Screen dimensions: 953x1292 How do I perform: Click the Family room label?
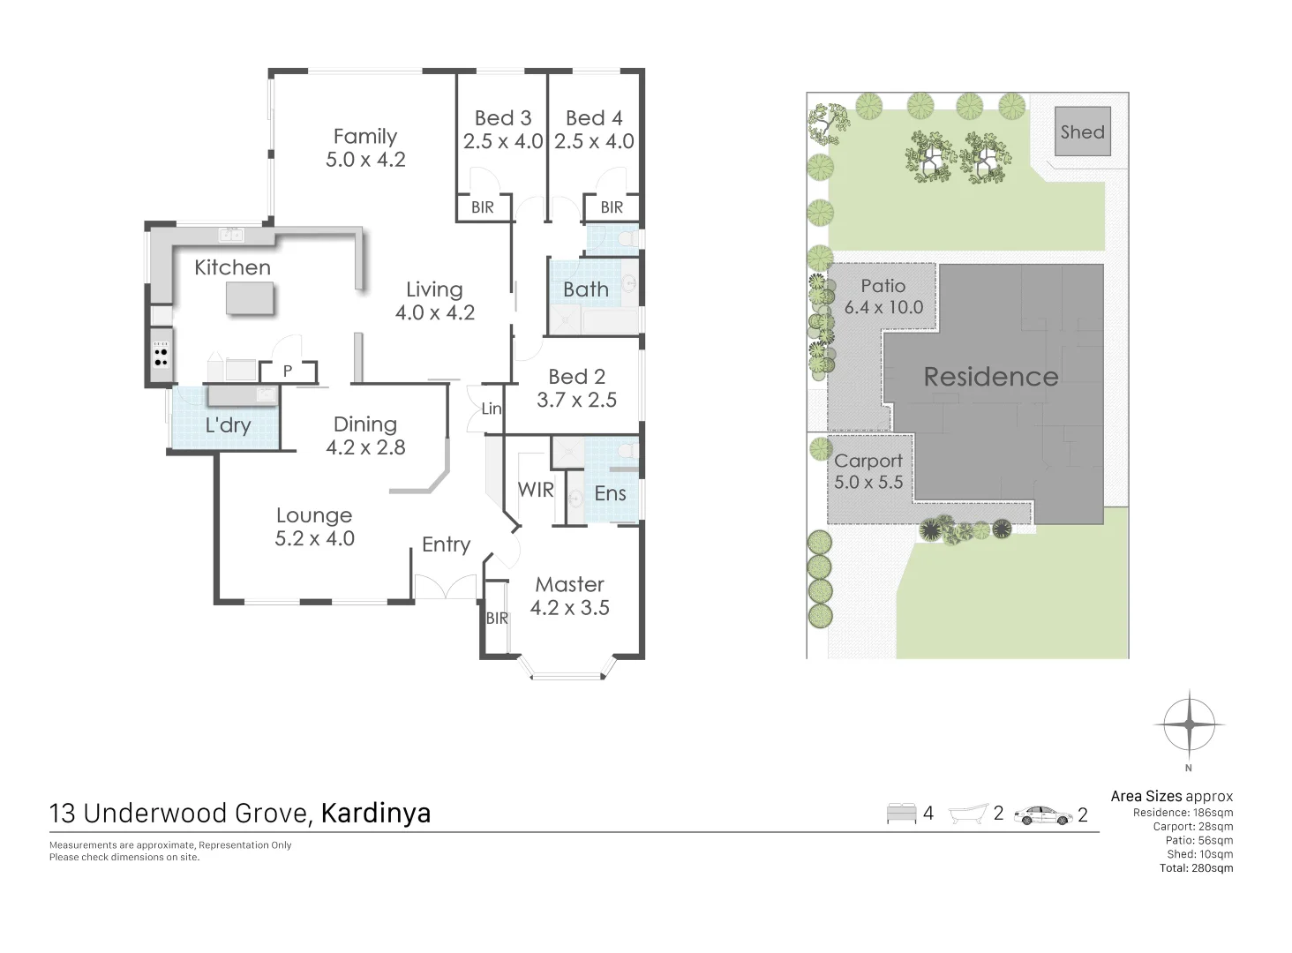[x=364, y=137]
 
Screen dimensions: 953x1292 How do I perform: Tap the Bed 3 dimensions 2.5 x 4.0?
[x=502, y=141]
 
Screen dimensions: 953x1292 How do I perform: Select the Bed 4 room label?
[x=594, y=118]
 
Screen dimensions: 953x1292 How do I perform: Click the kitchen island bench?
[x=251, y=300]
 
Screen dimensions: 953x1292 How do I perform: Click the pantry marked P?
[x=288, y=371]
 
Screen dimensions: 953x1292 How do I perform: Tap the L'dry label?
[x=228, y=425]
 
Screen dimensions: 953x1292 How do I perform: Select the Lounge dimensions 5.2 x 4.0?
[x=314, y=538]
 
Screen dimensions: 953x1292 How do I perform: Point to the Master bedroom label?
[x=569, y=584]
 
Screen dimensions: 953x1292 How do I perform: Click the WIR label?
[x=536, y=490]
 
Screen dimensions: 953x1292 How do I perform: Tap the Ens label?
[x=610, y=493]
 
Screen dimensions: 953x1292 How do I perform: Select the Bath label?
[x=586, y=289]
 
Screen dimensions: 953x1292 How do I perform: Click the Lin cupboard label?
[x=492, y=409]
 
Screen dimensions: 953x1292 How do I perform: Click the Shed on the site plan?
[x=1083, y=132]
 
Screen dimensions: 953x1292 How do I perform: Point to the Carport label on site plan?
[x=868, y=461]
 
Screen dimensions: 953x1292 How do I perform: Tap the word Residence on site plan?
[x=990, y=377]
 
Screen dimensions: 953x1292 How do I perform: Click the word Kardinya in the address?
[x=376, y=813]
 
